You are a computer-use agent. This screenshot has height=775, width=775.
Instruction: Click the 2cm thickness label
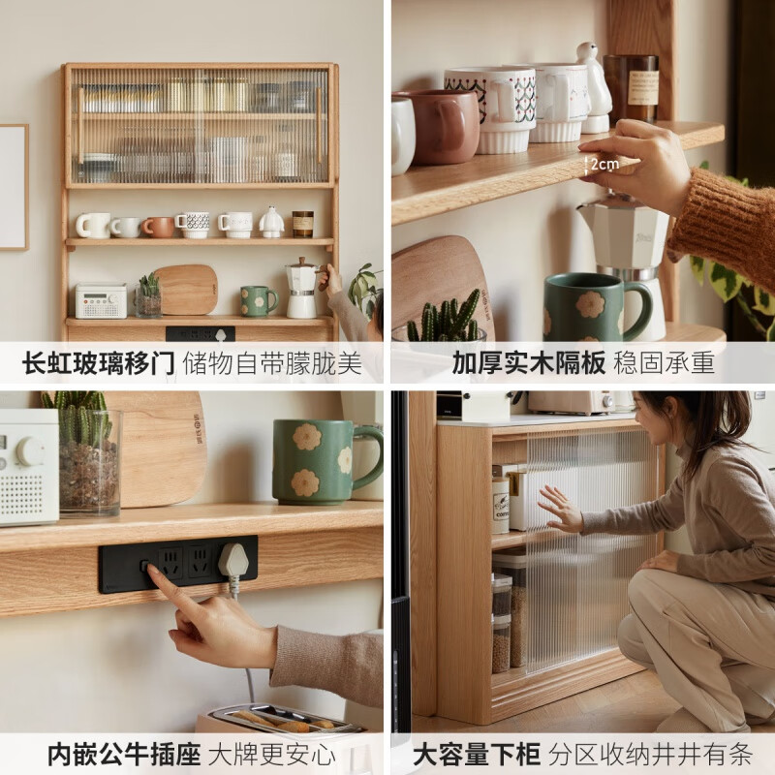(x=602, y=165)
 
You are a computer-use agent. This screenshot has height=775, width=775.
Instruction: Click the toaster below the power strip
(x=281, y=722)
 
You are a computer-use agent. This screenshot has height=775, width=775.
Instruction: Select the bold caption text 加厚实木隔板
(x=529, y=363)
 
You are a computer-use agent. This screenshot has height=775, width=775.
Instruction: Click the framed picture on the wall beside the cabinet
(x=13, y=187)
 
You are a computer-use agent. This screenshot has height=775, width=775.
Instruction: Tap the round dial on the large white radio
(x=29, y=450)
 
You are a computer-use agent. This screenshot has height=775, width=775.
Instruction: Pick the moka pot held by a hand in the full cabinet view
(x=302, y=289)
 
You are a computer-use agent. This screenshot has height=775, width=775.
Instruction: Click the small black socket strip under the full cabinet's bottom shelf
(x=200, y=333)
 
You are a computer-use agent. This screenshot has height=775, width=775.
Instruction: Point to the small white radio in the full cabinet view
(x=101, y=300)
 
